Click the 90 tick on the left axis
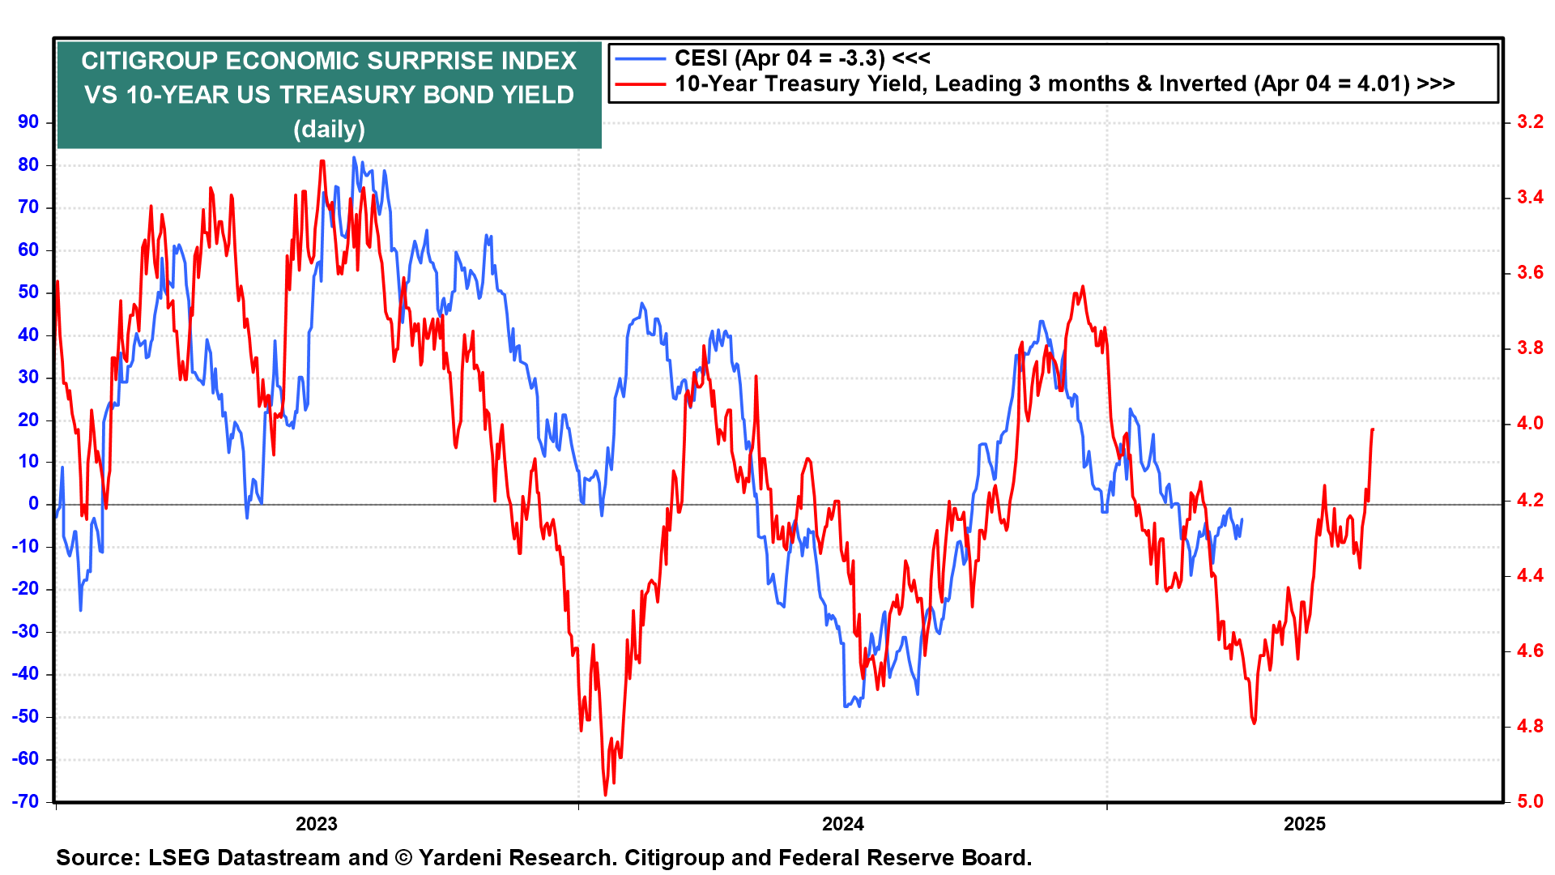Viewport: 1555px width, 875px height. pos(28,122)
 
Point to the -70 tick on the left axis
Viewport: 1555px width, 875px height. pos(25,801)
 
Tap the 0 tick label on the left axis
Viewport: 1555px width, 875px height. pos(33,504)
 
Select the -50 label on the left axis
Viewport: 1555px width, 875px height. pos(25,716)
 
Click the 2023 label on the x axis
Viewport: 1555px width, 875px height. pos(316,825)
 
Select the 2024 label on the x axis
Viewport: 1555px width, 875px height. pos(843,825)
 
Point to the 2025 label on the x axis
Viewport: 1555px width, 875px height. pos(1305,825)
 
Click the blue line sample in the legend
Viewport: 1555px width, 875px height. pos(639,58)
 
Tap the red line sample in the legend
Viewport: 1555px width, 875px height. pos(639,83)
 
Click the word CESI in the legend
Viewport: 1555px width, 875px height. pos(701,58)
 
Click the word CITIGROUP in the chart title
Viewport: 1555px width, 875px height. pos(150,61)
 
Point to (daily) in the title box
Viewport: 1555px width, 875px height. pos(329,130)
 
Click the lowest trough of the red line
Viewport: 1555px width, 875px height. pos(605,795)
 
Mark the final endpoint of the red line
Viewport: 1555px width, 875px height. pos(1373,429)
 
